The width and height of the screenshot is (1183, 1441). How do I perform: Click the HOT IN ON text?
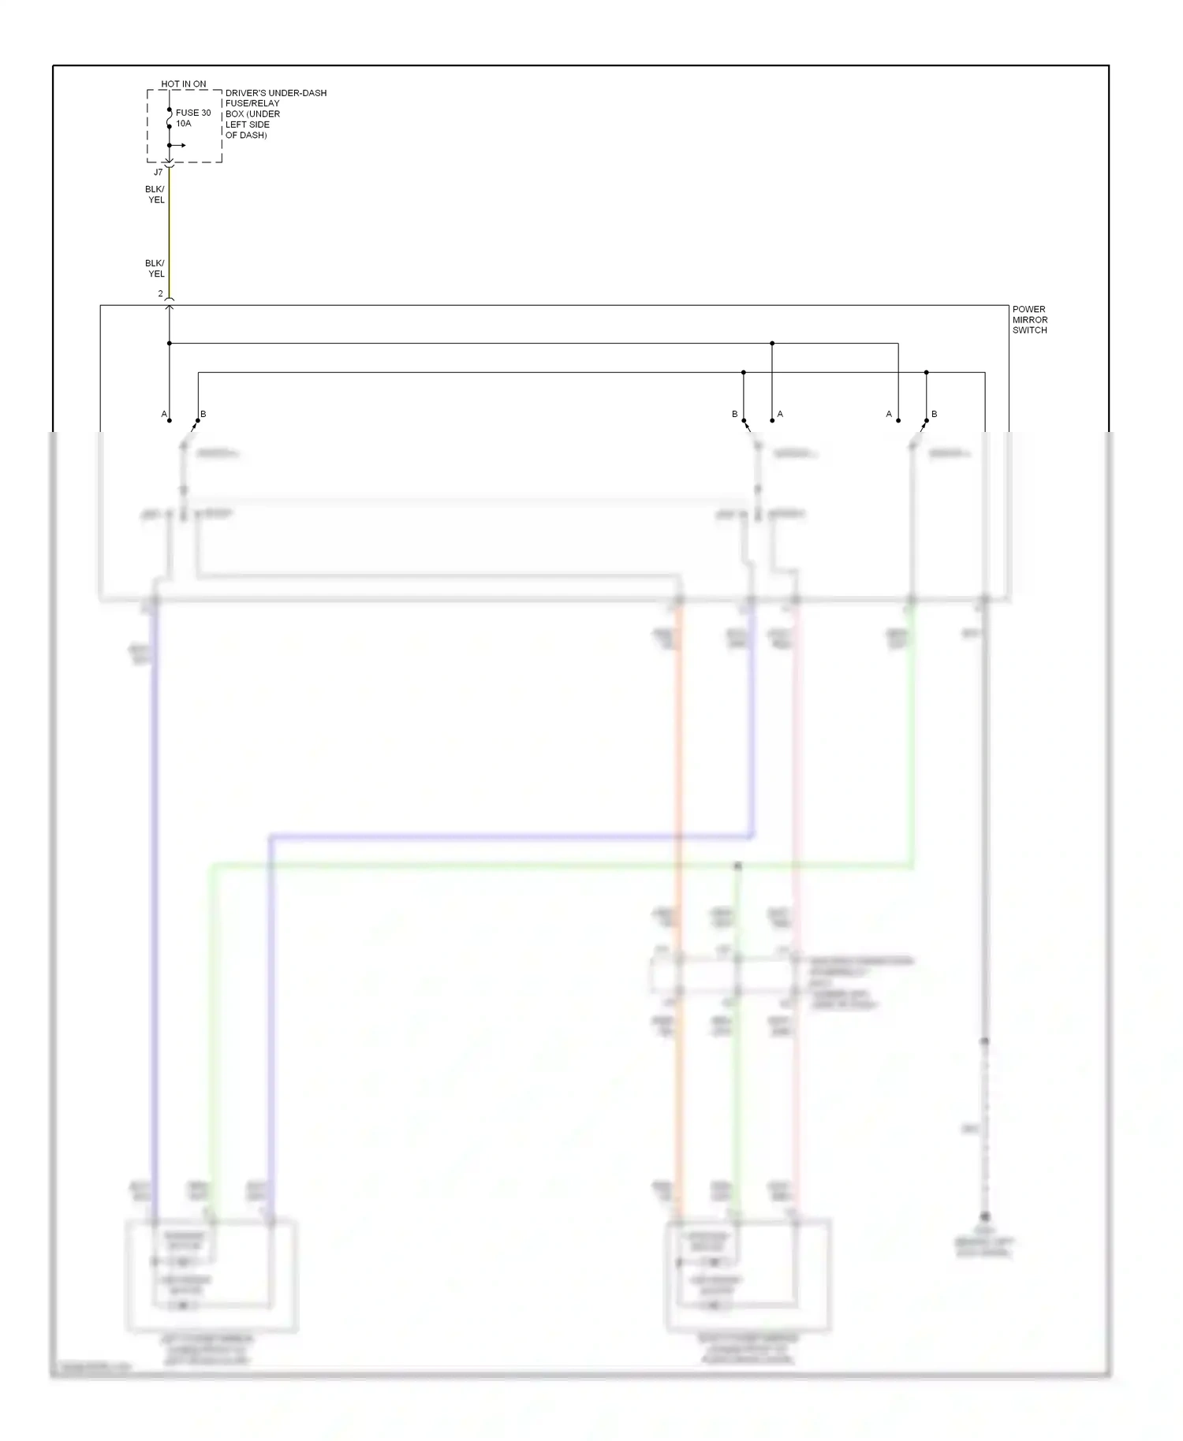183,84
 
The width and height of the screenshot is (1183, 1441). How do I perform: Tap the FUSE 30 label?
193,113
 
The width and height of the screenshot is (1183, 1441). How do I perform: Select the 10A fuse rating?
183,124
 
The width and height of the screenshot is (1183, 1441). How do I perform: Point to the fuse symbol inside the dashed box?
169,118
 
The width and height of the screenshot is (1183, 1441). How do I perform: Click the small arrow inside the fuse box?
180,146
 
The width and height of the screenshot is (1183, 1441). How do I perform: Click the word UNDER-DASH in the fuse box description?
297,93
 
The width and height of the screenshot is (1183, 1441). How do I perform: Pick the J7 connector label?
158,173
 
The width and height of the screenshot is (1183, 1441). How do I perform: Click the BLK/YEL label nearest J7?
155,195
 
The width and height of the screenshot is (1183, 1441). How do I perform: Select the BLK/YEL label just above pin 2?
155,269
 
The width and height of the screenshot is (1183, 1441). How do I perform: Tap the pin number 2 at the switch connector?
160,294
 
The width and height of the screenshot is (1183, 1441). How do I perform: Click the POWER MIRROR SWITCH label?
1030,319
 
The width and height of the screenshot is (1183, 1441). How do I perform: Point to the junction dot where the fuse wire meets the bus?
169,343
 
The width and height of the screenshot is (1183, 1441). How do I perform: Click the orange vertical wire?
677,749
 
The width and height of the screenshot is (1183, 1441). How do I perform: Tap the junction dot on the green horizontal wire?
737,866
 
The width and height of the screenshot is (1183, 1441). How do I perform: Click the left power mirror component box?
211,1275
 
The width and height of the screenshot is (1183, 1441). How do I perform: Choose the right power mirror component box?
748,1275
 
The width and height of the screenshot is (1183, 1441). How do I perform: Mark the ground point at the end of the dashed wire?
984,1217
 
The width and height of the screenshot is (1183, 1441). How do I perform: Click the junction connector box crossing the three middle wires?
726,975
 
